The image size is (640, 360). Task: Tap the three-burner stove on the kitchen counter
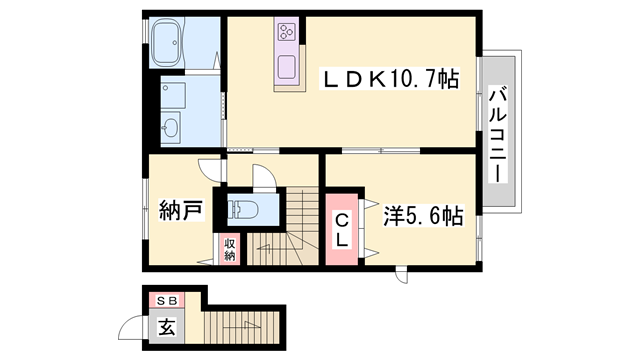pos(286,31)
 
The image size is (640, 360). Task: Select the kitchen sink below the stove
pos(287,71)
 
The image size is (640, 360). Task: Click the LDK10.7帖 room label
pos(389,79)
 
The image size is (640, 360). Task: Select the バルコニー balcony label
pos(496,132)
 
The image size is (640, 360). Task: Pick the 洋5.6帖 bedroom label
pos(424,215)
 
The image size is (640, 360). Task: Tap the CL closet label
pos(342,231)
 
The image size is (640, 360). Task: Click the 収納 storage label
pos(228,249)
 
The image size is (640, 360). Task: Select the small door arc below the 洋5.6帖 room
pos(402,274)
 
